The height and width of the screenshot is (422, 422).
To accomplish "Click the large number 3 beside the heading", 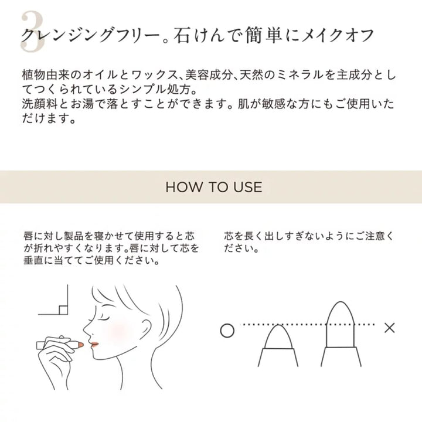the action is pyautogui.click(x=32, y=32).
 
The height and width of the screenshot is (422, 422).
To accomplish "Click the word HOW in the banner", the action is pyautogui.click(x=183, y=187).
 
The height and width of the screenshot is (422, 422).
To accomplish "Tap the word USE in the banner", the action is pyautogui.click(x=247, y=187).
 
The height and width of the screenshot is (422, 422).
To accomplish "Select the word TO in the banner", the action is pyautogui.click(x=217, y=187).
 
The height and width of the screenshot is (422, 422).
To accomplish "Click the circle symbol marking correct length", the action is pyautogui.click(x=227, y=331).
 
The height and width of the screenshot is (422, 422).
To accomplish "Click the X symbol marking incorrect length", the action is pyautogui.click(x=389, y=328).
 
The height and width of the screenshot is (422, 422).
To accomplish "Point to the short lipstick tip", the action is pyautogui.click(x=278, y=336).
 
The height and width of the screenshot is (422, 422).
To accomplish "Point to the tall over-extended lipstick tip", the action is pyautogui.click(x=341, y=324).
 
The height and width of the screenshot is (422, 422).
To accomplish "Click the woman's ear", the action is pyautogui.click(x=145, y=328).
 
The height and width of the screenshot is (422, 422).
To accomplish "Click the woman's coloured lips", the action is pyautogui.click(x=94, y=344).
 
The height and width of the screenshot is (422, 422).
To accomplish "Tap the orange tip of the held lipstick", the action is pyautogui.click(x=81, y=345).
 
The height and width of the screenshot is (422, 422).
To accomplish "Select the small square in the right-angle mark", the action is pyautogui.click(x=63, y=310).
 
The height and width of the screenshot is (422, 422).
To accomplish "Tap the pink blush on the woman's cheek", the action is pyautogui.click(x=118, y=333).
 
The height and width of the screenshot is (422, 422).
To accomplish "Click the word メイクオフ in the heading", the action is pyautogui.click(x=338, y=36).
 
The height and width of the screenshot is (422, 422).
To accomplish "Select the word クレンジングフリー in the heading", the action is pyautogui.click(x=90, y=36).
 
